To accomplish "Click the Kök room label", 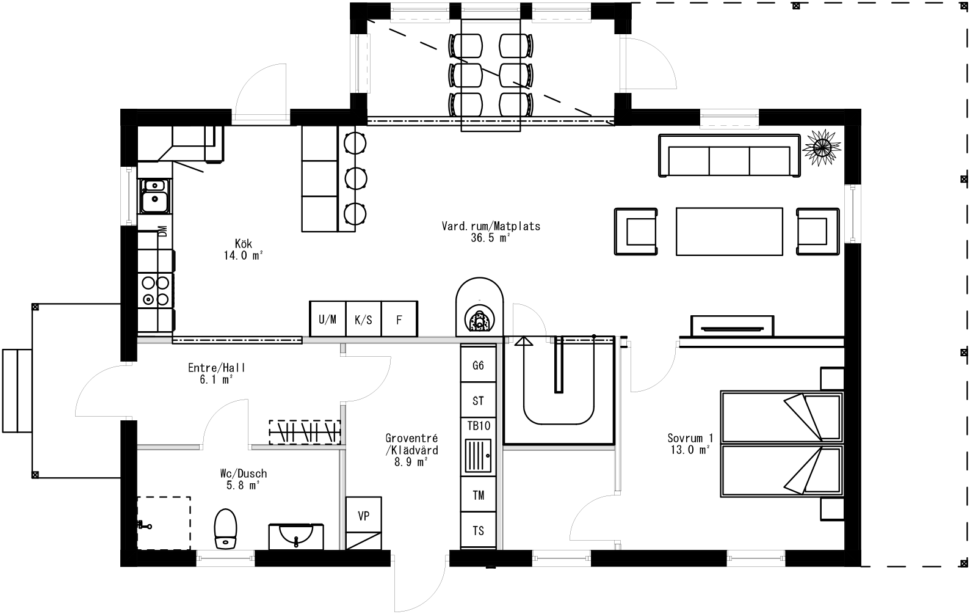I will click(x=243, y=249).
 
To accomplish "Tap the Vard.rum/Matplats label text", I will click(x=491, y=232).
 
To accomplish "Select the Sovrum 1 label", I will click(x=690, y=444).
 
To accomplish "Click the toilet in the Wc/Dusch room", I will click(x=225, y=529).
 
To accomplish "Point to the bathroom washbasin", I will click(x=296, y=536).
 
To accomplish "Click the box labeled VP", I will click(x=363, y=516).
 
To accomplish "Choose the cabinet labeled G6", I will click(x=478, y=365).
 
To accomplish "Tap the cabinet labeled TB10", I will click(x=478, y=426).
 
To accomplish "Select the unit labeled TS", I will click(x=478, y=531).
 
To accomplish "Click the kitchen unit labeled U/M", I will click(x=327, y=319).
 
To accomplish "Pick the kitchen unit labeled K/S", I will click(x=363, y=319).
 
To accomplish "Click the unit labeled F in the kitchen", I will click(x=399, y=319).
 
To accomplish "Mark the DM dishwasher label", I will click(x=162, y=232).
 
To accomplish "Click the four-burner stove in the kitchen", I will click(x=155, y=291).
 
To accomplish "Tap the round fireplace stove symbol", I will click(x=479, y=320).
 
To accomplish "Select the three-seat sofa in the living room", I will click(x=729, y=156).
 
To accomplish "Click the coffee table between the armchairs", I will click(x=729, y=232).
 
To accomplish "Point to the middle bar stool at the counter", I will click(x=355, y=178).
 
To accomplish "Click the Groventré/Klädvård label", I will click(x=411, y=450).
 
